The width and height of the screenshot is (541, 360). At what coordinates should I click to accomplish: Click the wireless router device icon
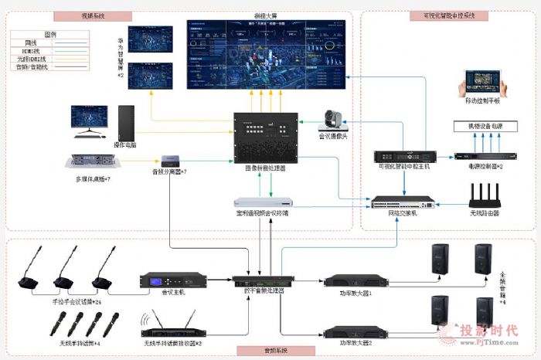tap(485, 194)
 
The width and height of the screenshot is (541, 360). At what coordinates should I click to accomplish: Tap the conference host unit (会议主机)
tap(172, 281)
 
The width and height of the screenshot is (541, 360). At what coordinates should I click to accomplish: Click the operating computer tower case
tap(126, 123)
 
